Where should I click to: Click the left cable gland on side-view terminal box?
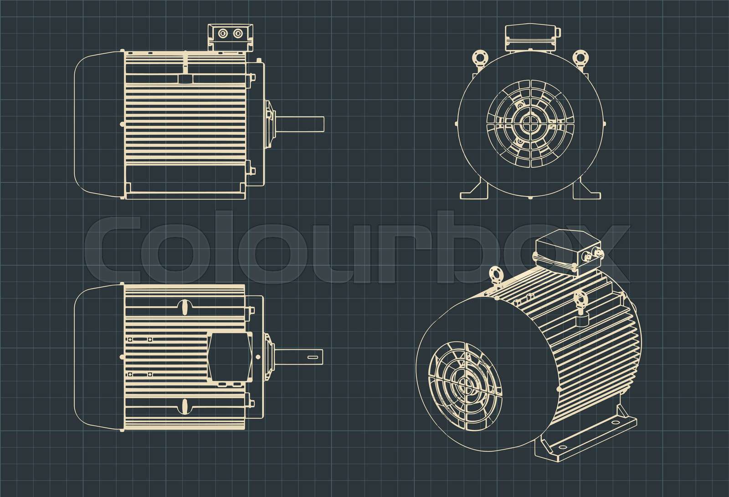tap(223, 34)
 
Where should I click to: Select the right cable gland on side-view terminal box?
tap(237, 34)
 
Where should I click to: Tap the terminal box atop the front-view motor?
tap(531, 36)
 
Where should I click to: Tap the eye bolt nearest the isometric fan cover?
tap(494, 278)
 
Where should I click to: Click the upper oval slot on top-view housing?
tap(185, 307)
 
